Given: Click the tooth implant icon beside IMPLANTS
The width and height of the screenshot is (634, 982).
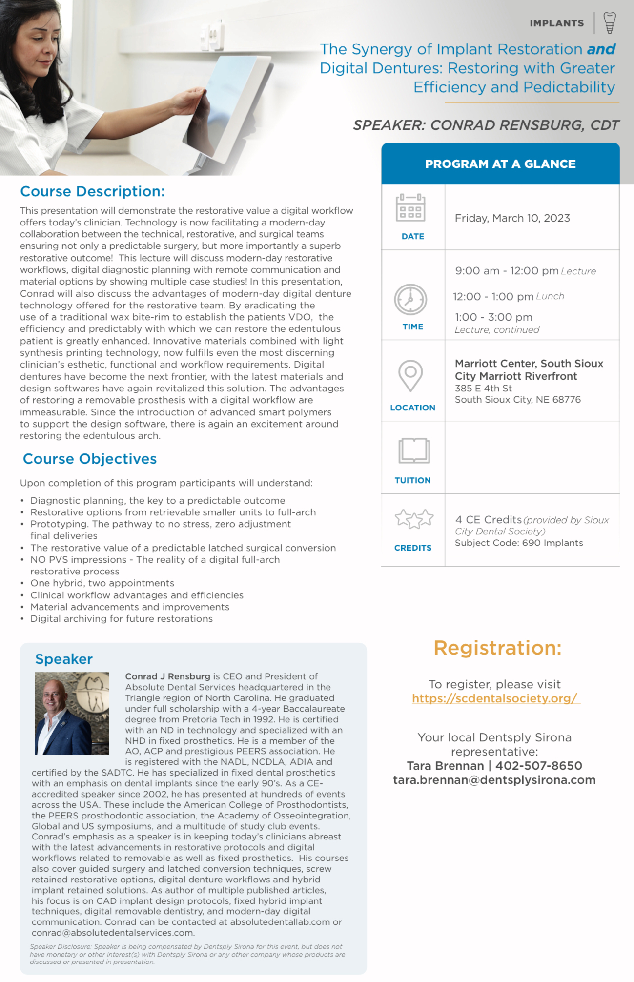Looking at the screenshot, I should (x=609, y=23).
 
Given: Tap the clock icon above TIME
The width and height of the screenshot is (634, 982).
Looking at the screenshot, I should (x=410, y=299).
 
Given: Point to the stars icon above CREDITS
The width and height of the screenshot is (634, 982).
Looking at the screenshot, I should (x=414, y=519).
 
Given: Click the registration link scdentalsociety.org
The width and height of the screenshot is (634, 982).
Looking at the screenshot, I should (x=496, y=698).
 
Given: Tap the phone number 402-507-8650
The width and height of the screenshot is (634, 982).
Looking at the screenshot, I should (x=539, y=766).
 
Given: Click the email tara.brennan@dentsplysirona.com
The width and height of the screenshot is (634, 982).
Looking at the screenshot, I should (x=494, y=780).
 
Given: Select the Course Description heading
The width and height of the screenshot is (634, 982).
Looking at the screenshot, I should (x=92, y=191).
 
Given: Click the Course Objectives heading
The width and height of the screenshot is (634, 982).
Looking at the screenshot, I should (x=90, y=459).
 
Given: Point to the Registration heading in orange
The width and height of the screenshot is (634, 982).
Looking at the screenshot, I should (x=497, y=648).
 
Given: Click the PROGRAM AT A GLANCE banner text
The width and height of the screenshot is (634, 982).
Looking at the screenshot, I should (x=500, y=164).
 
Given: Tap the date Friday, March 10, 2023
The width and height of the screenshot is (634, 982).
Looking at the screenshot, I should (x=512, y=218).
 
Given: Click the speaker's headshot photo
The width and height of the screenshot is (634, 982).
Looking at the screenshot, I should (x=72, y=713).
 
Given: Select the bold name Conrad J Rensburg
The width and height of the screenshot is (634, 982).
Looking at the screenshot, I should (x=167, y=676).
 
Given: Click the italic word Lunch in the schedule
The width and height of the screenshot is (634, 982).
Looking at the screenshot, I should (x=550, y=296).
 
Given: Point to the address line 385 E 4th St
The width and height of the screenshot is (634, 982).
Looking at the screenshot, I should (x=483, y=389).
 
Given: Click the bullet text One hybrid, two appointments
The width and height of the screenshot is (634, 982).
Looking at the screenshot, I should (x=102, y=583).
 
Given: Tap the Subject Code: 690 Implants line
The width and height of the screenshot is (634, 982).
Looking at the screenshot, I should (x=519, y=543).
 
